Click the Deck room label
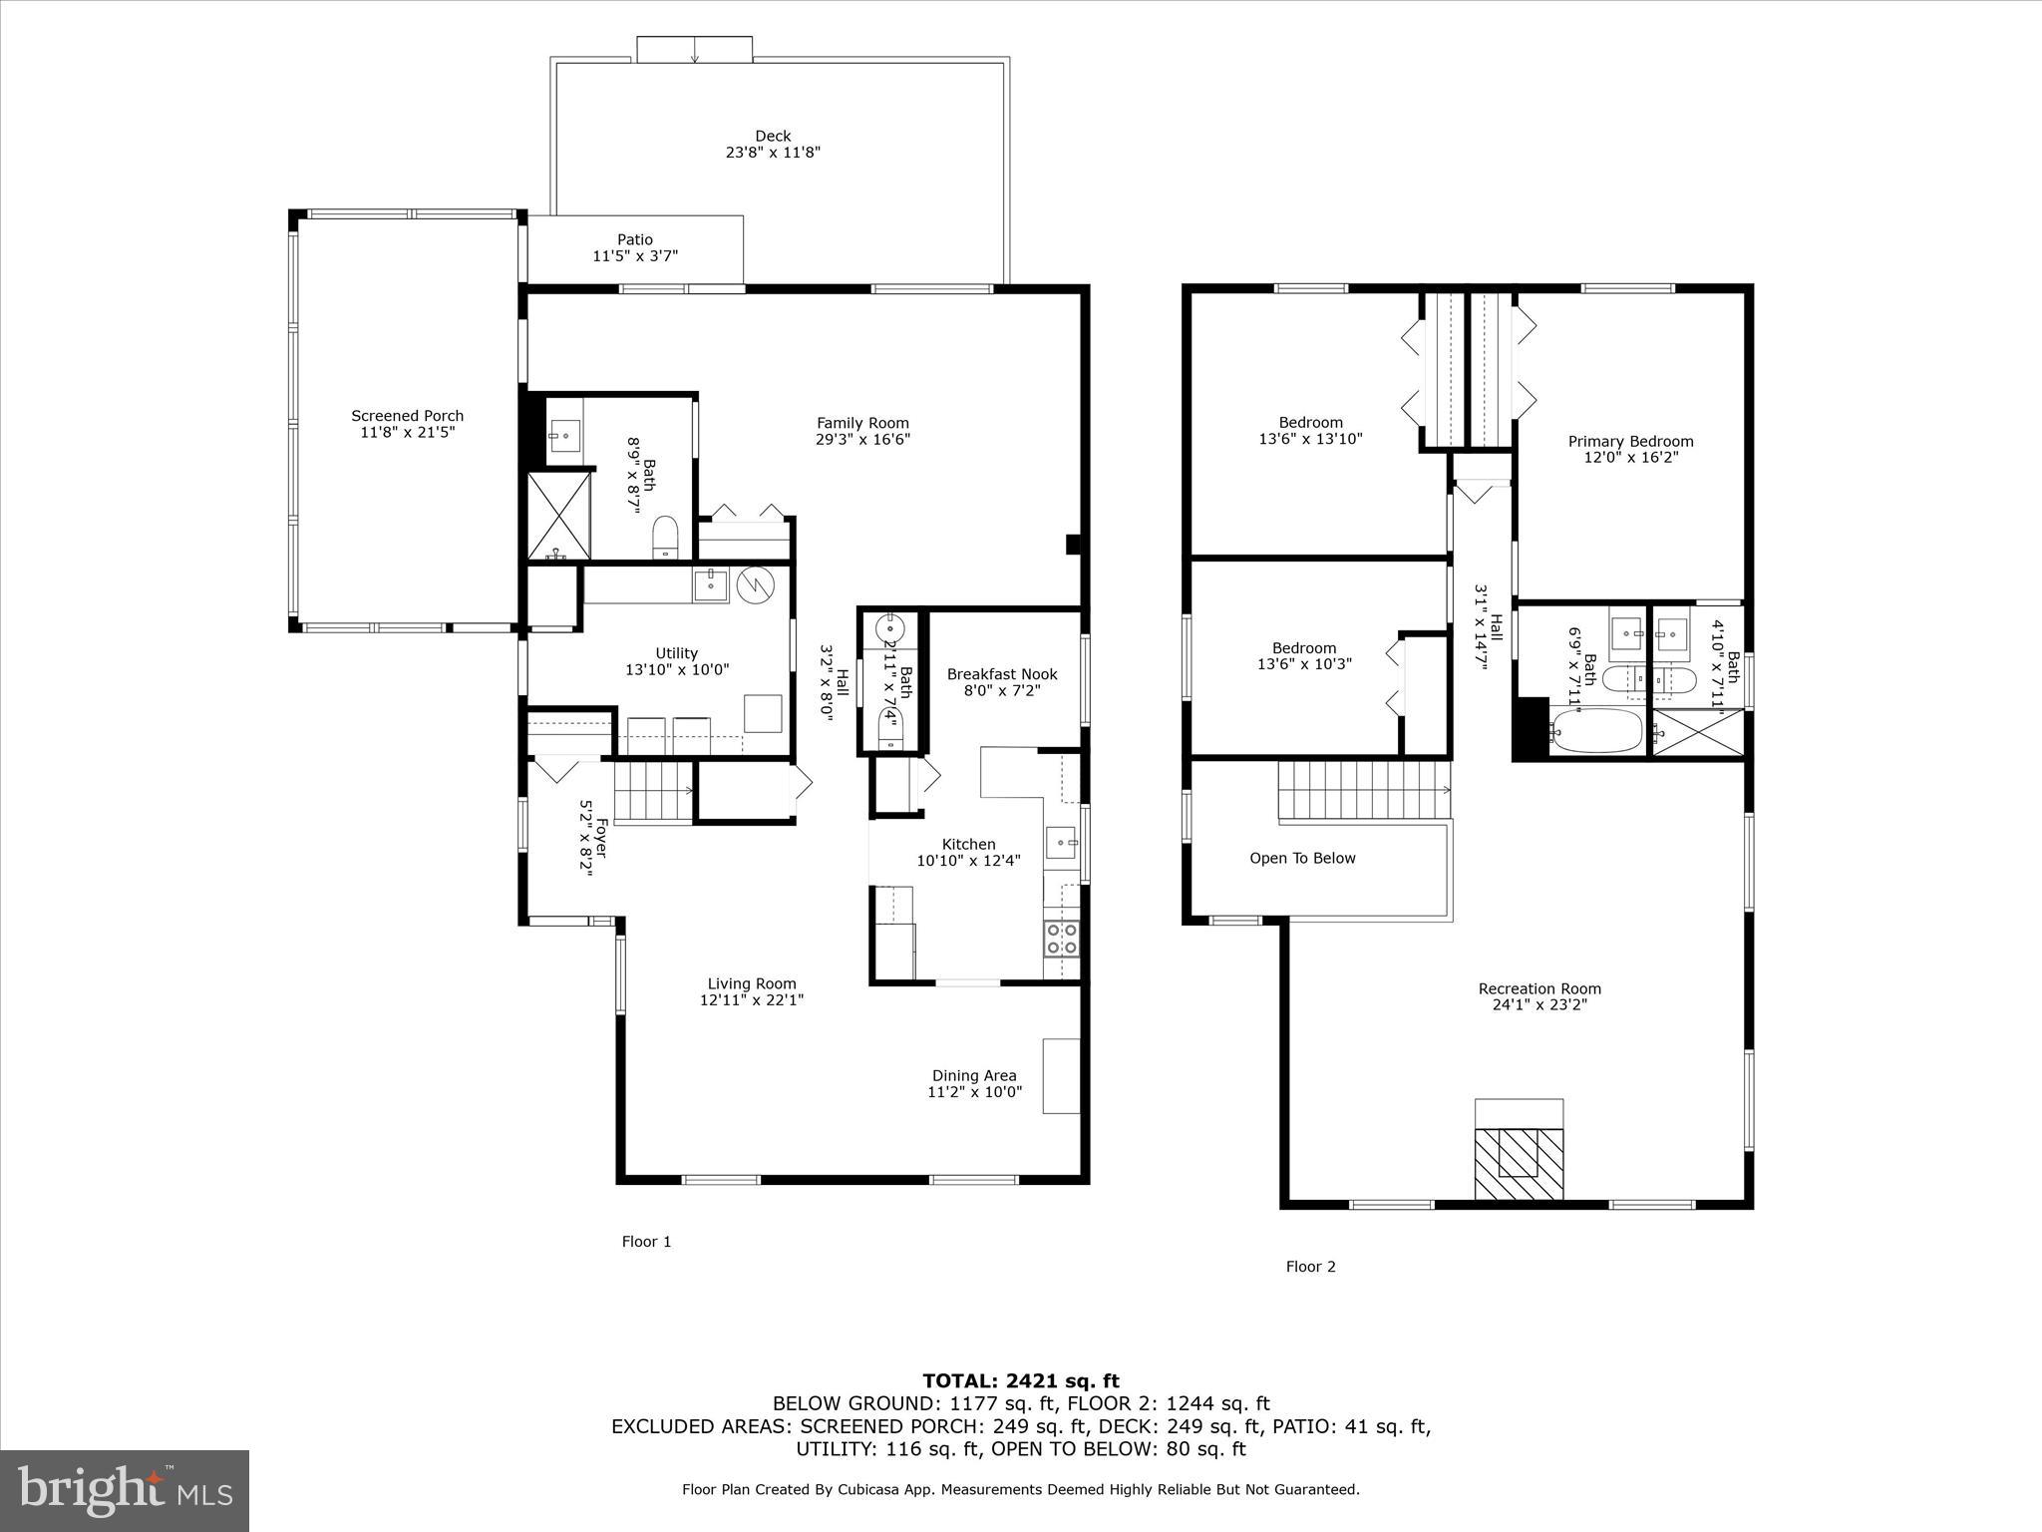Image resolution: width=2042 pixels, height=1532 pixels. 773,137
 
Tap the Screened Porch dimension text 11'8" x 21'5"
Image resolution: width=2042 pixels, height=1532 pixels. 407,433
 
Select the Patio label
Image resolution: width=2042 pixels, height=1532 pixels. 635,239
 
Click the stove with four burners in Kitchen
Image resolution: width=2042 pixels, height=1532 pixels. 1061,939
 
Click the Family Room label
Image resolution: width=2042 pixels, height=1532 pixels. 862,423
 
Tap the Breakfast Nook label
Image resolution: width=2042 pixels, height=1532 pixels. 1002,674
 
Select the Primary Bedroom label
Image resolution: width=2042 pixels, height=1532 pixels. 1630,441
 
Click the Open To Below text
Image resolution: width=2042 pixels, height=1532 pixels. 1302,859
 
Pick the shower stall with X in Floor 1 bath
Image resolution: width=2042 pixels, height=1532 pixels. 558,516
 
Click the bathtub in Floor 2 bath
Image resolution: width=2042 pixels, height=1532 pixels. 1597,731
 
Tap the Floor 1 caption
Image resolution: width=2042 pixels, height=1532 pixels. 646,1242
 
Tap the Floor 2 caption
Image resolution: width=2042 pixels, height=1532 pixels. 1310,1267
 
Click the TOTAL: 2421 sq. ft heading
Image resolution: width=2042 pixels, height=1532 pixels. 1020,1380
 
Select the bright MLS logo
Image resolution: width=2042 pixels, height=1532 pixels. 125,1490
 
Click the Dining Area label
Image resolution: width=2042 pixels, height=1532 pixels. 974,1075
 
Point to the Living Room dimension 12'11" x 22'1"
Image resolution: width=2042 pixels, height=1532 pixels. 752,999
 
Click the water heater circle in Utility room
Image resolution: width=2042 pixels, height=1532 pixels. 755,585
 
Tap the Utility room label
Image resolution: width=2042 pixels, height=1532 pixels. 677,653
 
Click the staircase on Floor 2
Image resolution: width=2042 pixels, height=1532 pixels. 1361,790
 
